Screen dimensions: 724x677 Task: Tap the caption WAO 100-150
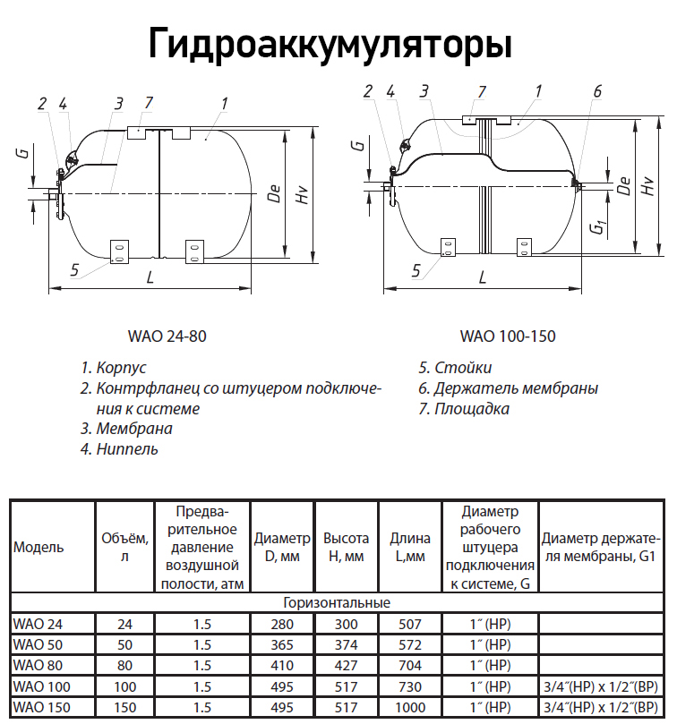[x=508, y=337]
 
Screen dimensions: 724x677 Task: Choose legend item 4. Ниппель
[x=119, y=449]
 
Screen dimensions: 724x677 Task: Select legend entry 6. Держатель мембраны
[x=508, y=388]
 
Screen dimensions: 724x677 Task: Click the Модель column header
[x=39, y=548]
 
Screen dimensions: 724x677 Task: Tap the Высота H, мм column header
[x=346, y=548]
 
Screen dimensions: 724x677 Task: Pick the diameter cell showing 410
[x=282, y=666]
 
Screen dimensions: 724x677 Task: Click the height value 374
[x=346, y=644]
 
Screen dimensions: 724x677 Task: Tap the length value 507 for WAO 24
[x=409, y=623]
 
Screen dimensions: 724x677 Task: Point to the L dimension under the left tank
[x=150, y=277]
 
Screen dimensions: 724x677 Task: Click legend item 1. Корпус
[x=114, y=368]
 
